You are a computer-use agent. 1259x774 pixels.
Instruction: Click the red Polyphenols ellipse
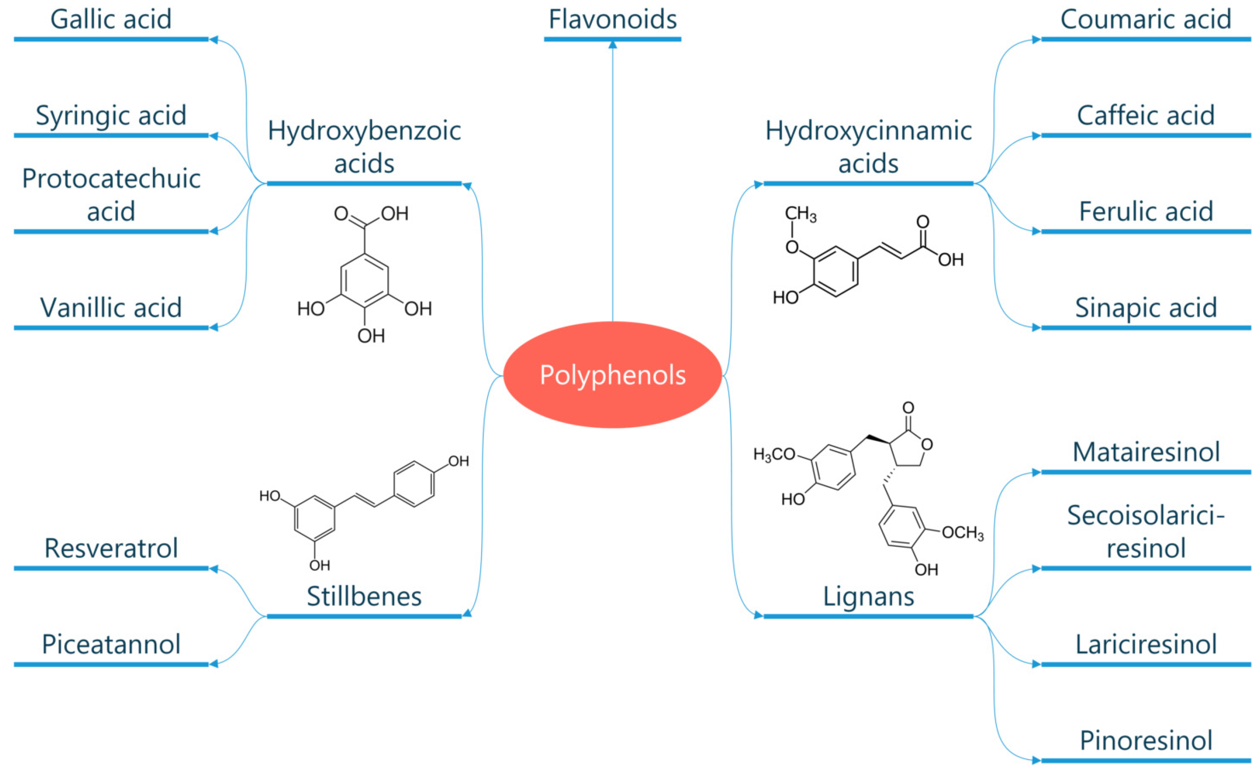(612, 375)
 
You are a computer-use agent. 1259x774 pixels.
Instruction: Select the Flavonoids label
(612, 19)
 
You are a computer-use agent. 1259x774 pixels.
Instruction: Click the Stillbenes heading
(364, 596)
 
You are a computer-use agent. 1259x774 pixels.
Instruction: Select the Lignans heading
(868, 596)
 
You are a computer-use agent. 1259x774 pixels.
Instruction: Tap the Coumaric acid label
(1146, 19)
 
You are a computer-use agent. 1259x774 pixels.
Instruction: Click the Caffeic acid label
(1146, 116)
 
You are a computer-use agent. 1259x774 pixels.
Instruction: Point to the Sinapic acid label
(1146, 308)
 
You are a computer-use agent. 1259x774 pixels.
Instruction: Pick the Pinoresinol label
(1146, 741)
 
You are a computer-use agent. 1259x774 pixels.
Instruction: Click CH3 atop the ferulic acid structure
(800, 214)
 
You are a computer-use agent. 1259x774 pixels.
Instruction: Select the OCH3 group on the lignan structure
(962, 533)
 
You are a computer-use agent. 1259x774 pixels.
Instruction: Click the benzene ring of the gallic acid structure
(364, 280)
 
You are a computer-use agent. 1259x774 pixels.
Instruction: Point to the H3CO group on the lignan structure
(774, 454)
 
